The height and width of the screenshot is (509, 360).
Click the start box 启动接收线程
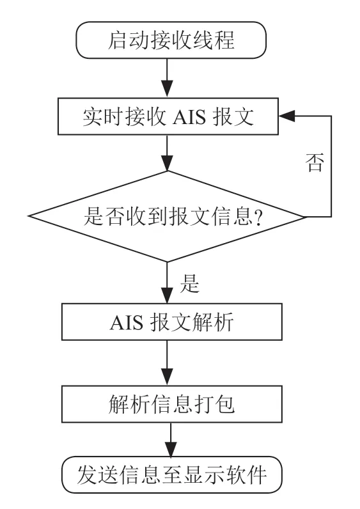pos(171,40)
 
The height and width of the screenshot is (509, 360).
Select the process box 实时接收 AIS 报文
pos(168,116)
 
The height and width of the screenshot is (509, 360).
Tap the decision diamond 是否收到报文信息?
pos(167,216)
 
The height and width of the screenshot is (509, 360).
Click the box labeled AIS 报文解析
pos(172,322)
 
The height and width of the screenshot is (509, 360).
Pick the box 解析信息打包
pos(172,404)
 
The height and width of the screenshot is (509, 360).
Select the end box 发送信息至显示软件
pos(172,474)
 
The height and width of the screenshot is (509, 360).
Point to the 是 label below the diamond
pos(189,283)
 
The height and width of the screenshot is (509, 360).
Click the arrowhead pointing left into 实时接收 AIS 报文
pos(286,116)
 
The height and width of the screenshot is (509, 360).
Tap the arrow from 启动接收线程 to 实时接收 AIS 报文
pos(167,78)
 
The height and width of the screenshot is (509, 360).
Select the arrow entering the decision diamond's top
pos(167,153)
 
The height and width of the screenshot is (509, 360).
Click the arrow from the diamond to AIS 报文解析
pos(167,283)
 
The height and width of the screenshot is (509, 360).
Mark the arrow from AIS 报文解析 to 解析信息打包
pos(167,363)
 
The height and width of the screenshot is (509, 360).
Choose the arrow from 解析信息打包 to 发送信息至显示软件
pos(171,439)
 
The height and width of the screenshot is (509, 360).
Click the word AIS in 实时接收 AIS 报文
pos(189,117)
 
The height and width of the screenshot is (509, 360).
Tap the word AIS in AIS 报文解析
pos(126,323)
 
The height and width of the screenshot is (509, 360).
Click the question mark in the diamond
pos(258,217)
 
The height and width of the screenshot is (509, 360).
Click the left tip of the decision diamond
pos(29,216)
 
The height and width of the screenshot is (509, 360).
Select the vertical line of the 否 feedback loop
pos(331,166)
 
